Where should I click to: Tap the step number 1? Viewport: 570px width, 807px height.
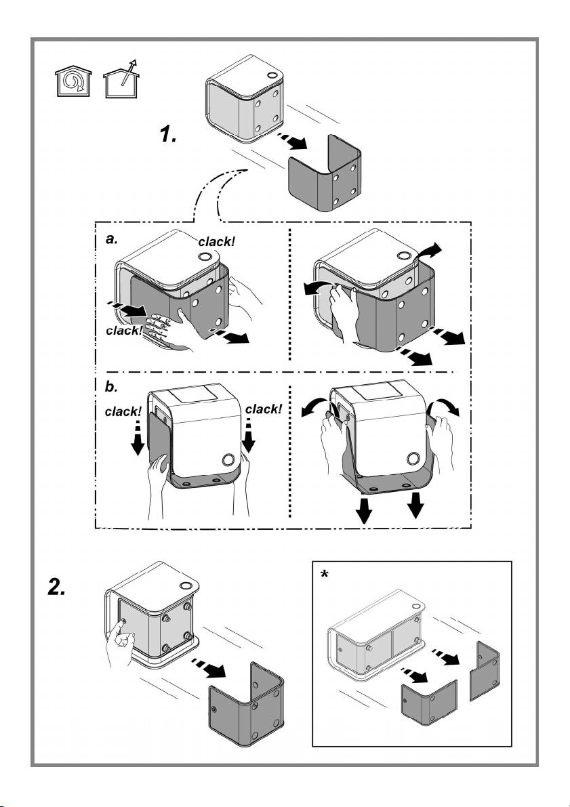coord(167,134)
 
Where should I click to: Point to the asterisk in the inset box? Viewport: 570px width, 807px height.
coord(325,575)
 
